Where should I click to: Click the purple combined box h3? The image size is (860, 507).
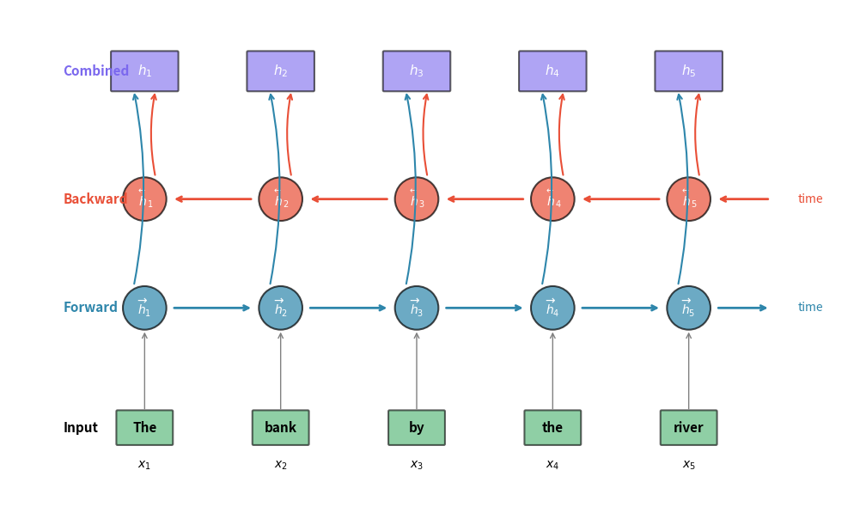pyautogui.click(x=417, y=71)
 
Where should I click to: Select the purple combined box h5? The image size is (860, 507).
pyautogui.click(x=688, y=71)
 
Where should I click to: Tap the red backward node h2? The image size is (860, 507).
pyautogui.click(x=281, y=199)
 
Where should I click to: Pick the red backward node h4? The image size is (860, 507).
pyautogui.click(x=552, y=199)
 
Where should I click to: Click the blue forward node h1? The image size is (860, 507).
pyautogui.click(x=144, y=308)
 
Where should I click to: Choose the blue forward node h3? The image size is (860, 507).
pyautogui.click(x=417, y=308)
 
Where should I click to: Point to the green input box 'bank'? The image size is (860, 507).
pyautogui.click(x=281, y=428)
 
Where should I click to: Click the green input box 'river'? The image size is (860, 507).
pyautogui.click(x=688, y=428)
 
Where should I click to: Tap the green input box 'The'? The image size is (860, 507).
pyautogui.click(x=144, y=428)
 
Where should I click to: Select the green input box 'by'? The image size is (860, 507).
pyautogui.click(x=417, y=428)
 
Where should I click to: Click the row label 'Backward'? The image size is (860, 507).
pyautogui.click(x=95, y=199)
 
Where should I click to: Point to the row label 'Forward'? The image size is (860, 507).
pyautogui.click(x=90, y=308)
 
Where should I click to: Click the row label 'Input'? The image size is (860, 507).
pyautogui.click(x=81, y=428)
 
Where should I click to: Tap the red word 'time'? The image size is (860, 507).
pyautogui.click(x=810, y=199)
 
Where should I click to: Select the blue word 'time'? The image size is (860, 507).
pyautogui.click(x=810, y=308)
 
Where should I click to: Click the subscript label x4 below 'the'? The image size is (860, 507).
pyautogui.click(x=552, y=465)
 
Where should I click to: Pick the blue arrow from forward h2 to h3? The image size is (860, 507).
pyautogui.click(x=348, y=308)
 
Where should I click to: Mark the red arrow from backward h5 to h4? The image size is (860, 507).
pyautogui.click(x=621, y=199)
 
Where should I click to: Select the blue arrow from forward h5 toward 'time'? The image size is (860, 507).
pyautogui.click(x=742, y=308)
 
